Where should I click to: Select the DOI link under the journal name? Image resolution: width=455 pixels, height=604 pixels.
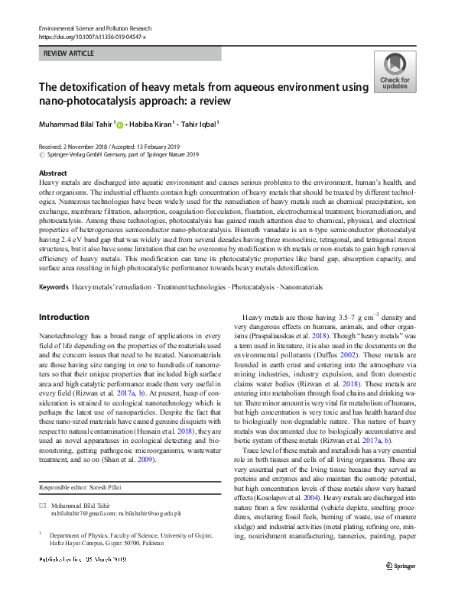pos(91,36)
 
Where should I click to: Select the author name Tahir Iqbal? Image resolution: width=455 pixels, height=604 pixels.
pos(196,124)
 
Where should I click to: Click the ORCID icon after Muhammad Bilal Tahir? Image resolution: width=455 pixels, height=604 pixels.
pos(121,124)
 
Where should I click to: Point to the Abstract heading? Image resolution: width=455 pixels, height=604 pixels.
pos(53,173)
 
